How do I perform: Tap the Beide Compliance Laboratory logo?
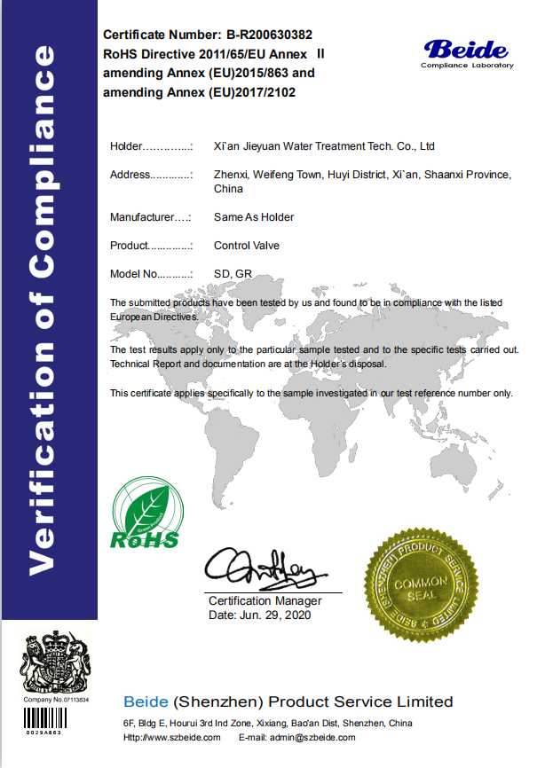[466, 53]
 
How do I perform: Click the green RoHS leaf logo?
[144, 514]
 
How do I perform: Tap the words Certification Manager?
[265, 601]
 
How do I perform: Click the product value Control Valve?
[247, 246]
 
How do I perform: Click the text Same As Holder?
[254, 217]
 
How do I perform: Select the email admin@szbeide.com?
[313, 738]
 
